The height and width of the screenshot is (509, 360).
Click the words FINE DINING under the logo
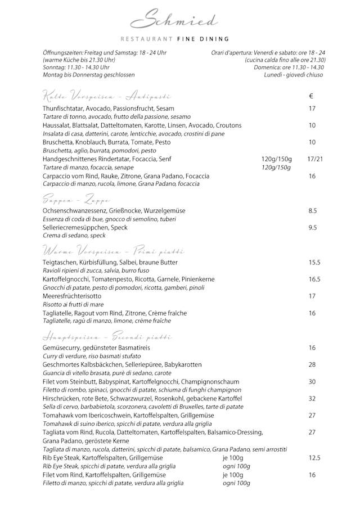point(209,39)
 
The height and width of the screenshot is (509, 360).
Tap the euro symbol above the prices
point(312,96)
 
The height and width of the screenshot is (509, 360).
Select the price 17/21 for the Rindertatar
point(315,159)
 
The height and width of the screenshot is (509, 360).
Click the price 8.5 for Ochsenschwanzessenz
point(312,210)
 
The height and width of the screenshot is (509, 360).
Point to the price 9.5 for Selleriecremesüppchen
point(312,228)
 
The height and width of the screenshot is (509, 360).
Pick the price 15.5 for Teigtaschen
point(314,262)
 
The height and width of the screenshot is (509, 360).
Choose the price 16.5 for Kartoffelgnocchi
point(314,279)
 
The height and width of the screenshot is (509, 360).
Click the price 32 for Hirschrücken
point(312,398)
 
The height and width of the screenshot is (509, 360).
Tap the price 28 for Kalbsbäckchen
point(312,364)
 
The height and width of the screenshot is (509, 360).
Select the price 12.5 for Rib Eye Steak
point(314,458)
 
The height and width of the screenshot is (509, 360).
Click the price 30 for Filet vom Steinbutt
point(312,381)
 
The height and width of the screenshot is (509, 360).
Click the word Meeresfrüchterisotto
point(72,296)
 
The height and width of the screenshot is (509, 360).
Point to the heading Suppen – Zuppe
point(76,200)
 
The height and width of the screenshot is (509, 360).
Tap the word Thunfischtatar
point(64,108)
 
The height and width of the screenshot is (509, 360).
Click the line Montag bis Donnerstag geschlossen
point(88,75)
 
